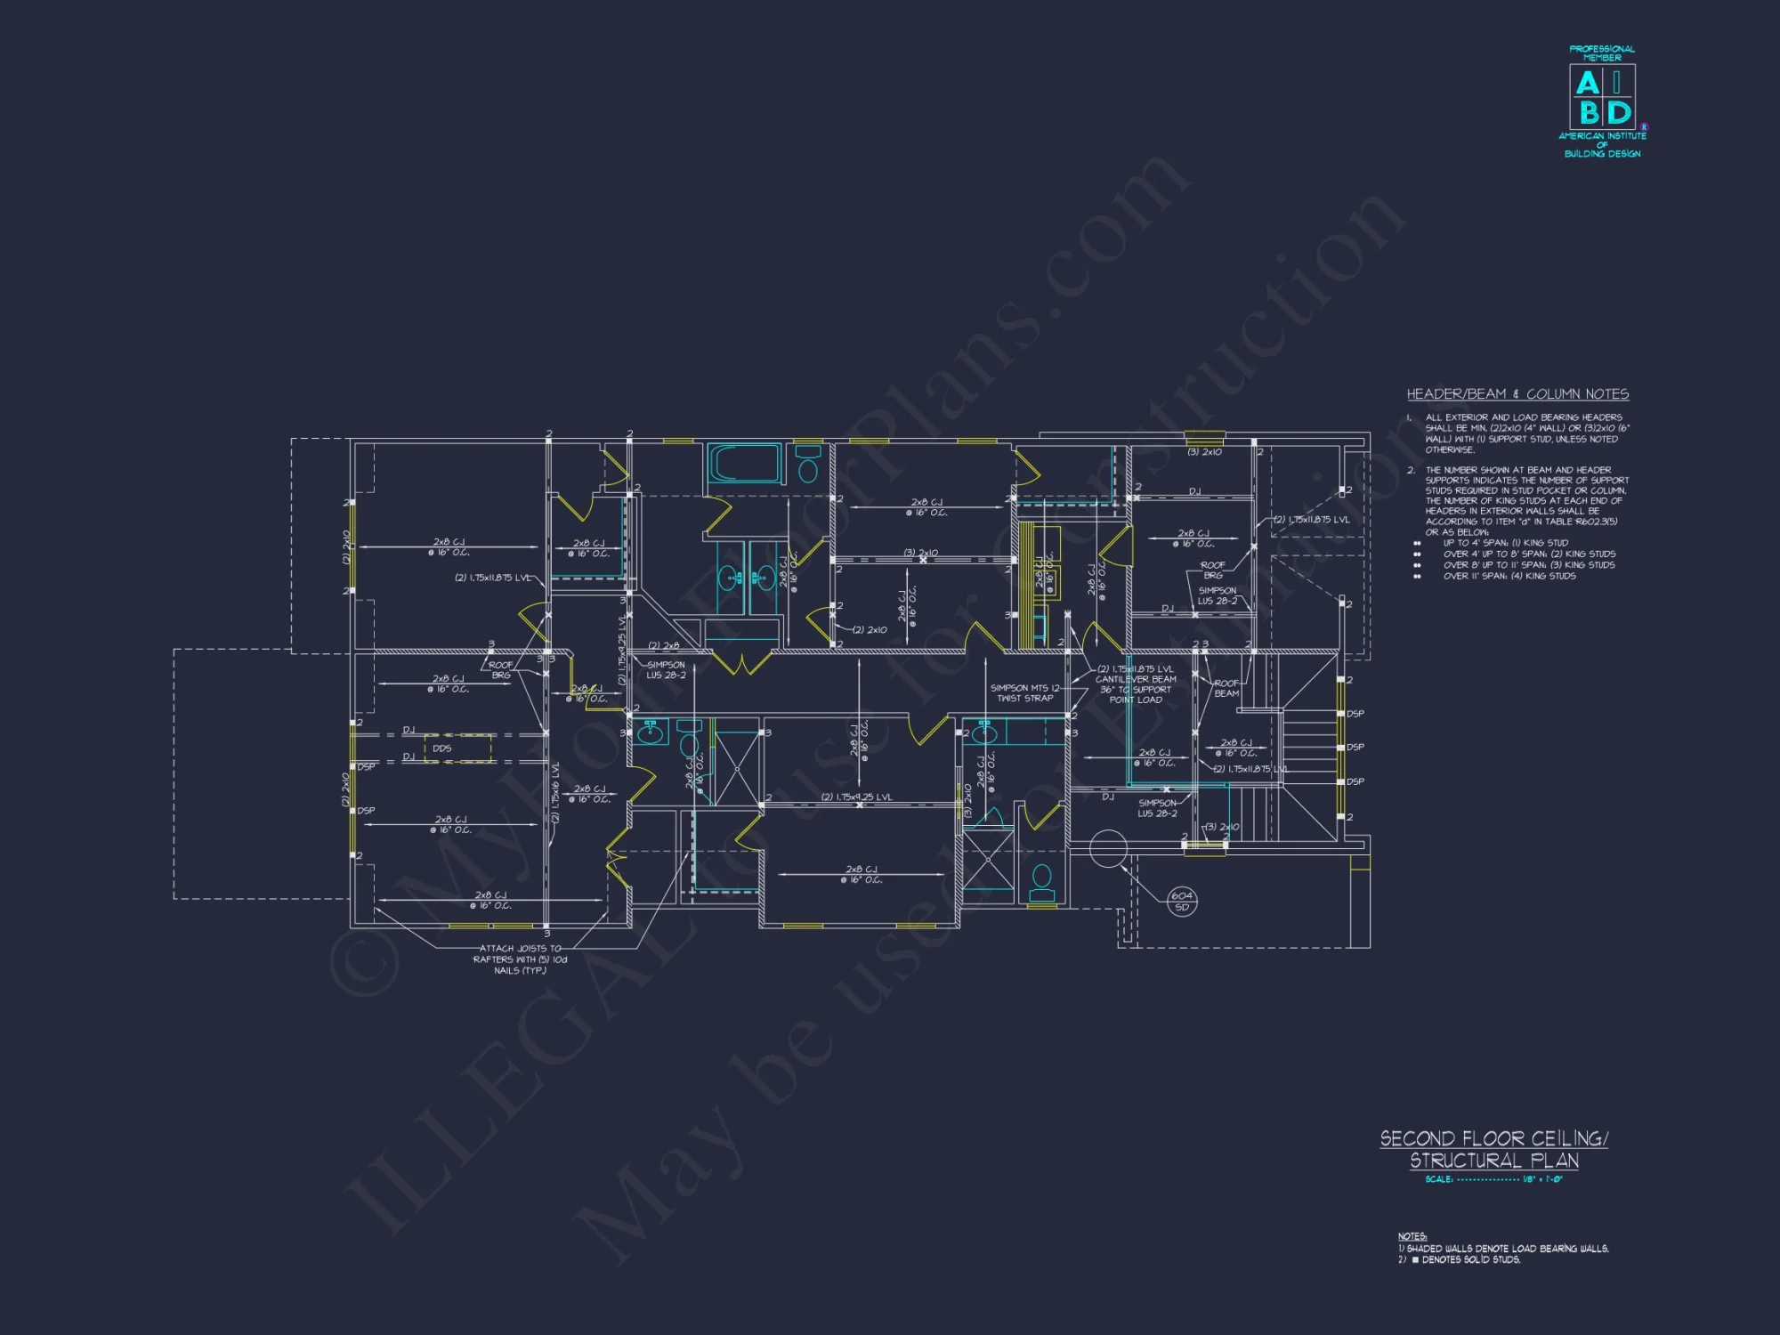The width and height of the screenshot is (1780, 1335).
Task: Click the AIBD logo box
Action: point(1602,97)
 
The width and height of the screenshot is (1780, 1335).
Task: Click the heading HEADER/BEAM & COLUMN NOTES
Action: point(1517,394)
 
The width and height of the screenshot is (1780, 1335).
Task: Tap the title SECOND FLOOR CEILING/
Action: point(1493,1138)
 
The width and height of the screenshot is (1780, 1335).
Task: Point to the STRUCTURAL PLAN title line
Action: point(1494,1161)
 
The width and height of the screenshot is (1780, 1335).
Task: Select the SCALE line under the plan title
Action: point(1493,1179)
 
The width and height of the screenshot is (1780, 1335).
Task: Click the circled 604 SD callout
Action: point(1182,901)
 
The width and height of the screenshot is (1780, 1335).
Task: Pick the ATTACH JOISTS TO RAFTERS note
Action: point(521,959)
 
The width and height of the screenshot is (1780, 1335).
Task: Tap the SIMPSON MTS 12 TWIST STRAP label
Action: point(1025,693)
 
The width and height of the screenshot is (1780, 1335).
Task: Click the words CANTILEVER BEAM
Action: point(1136,679)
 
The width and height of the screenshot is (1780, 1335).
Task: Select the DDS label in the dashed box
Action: point(442,748)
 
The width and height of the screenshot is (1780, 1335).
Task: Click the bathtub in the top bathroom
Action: point(745,464)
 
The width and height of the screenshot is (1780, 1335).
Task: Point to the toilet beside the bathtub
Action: point(808,465)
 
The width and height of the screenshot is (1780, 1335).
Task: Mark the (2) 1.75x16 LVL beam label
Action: point(554,792)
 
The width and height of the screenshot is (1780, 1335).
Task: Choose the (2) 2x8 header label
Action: point(664,646)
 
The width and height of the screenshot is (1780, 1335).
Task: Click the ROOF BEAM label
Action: point(1226,688)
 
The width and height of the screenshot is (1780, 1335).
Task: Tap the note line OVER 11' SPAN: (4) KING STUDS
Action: point(1509,576)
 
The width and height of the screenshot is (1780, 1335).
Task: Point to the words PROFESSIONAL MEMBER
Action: point(1602,53)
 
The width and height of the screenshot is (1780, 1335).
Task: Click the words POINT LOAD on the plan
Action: point(1136,700)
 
